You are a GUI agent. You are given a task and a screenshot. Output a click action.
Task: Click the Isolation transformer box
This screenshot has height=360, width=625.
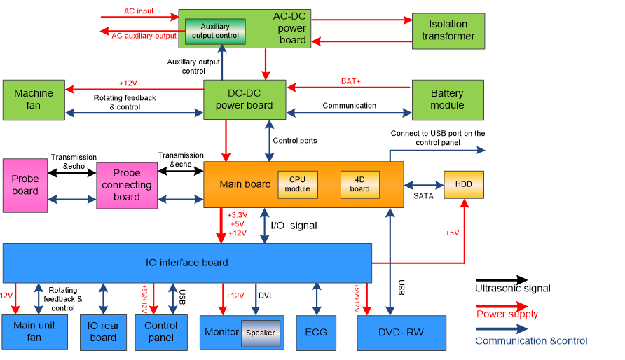pos(448,30)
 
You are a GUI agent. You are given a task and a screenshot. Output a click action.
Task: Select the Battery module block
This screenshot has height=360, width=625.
pos(447,99)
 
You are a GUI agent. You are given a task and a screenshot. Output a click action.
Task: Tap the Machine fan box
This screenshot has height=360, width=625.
pos(34,99)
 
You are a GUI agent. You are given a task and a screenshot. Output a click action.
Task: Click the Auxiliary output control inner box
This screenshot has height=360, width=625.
pos(215,32)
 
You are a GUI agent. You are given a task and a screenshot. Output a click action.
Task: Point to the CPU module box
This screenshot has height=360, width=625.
pos(298,184)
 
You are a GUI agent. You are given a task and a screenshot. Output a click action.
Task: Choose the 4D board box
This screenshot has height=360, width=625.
pos(360,184)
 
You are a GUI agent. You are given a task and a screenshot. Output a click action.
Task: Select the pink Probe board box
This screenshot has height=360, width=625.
pos(25,185)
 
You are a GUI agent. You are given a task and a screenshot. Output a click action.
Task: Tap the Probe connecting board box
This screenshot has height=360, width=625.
pos(127,185)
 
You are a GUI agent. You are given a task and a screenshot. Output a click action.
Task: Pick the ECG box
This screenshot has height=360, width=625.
pos(316,333)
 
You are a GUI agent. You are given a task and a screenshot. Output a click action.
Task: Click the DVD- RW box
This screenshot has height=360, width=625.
pos(401,333)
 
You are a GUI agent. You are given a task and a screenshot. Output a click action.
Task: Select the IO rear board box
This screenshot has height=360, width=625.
pos(103,331)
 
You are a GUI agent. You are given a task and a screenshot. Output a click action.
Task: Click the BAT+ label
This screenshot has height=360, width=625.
pos(351,81)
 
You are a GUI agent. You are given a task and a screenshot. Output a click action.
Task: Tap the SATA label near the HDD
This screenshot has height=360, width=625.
pos(423,196)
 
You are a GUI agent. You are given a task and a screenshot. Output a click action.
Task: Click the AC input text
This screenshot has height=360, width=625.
pos(138,12)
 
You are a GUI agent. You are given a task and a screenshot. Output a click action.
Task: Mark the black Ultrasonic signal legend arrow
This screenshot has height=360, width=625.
pos(502,280)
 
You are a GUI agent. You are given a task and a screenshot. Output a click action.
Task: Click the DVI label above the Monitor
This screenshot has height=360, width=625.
pos(264,296)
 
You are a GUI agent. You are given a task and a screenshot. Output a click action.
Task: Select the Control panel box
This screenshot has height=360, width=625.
pos(161,331)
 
